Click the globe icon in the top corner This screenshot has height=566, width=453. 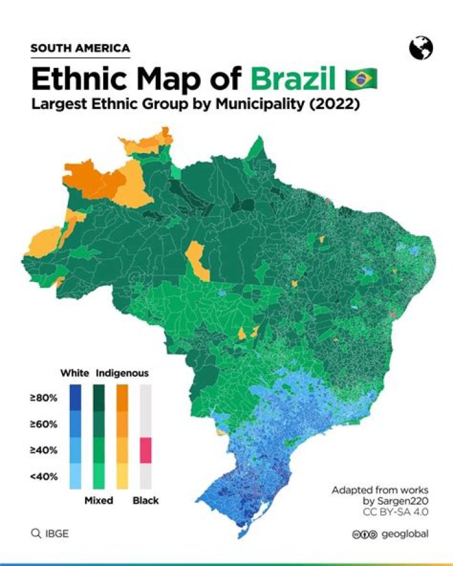[x=420, y=47]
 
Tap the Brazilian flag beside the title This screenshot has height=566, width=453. [x=361, y=79]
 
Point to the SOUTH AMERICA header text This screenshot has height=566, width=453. [x=80, y=48]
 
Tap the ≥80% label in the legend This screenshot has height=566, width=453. [x=43, y=398]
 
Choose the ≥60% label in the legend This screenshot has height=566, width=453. [x=43, y=424]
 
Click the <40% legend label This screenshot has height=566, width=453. [x=43, y=477]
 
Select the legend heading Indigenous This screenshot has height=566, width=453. [x=122, y=373]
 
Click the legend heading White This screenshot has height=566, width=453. [x=74, y=373]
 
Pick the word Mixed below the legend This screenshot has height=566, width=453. [x=99, y=501]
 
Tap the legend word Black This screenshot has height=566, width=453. [x=145, y=501]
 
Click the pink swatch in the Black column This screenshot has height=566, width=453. [x=145, y=450]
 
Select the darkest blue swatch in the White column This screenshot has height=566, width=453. [x=75, y=398]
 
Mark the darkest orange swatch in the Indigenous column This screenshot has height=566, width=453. [x=123, y=398]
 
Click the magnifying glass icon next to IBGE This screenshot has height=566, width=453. [x=35, y=534]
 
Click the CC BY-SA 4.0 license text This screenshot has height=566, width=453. [x=395, y=512]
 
